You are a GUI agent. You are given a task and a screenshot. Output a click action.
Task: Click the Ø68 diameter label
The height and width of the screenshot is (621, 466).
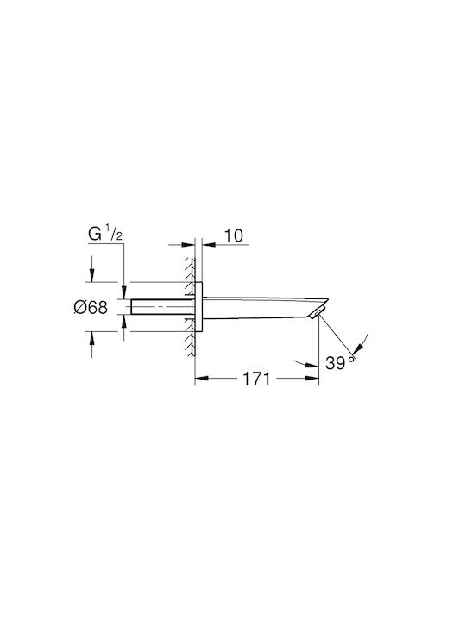click(91, 307)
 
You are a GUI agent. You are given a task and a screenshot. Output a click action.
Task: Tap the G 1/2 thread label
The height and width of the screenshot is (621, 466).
click(105, 235)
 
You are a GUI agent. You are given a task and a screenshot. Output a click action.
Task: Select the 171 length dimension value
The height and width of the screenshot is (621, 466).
click(256, 379)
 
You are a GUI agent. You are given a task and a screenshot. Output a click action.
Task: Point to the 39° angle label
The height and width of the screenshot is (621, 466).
click(340, 363)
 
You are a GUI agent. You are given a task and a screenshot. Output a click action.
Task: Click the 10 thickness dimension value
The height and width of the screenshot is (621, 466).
click(234, 235)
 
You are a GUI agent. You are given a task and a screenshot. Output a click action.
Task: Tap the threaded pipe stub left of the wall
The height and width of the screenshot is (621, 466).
click(162, 307)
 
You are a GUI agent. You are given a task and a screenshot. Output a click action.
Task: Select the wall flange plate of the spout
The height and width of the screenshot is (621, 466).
click(198, 307)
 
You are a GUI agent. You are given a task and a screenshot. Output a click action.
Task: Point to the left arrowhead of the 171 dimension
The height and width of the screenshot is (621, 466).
click(201, 379)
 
